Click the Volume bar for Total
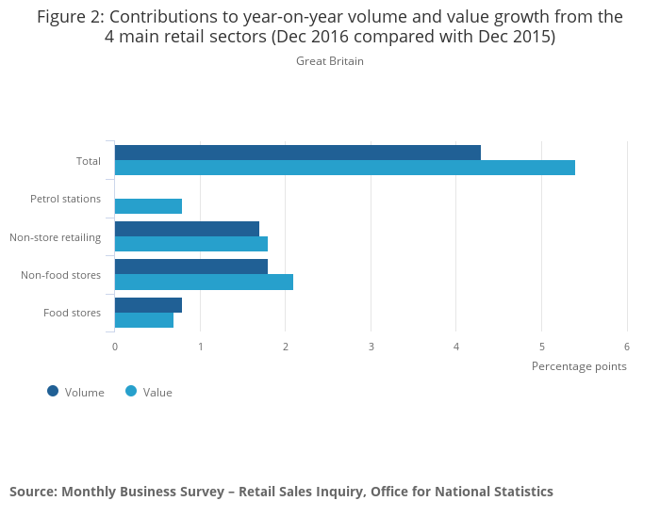297,153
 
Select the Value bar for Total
344,168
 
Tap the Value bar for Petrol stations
148,206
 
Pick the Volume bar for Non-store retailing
187,229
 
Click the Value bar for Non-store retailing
190,244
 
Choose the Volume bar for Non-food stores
190,267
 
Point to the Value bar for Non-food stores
204,282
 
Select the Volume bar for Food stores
148,305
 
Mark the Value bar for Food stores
143,320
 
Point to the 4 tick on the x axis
456,347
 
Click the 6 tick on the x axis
627,347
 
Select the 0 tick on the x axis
115,347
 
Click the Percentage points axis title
579,365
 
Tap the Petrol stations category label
65,199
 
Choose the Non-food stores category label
60,275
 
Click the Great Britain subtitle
329,61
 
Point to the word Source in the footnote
32,492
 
